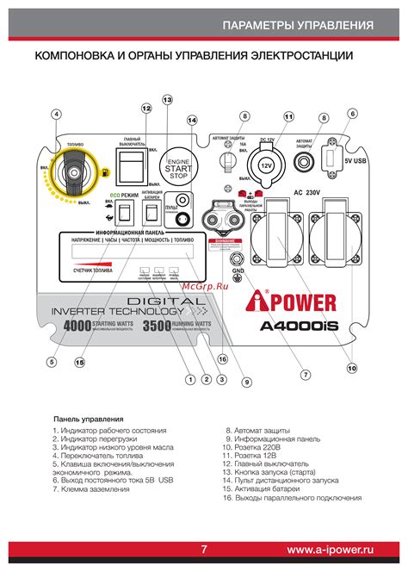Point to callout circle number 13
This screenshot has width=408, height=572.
pos(167,100)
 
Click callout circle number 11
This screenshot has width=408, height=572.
pos(288,116)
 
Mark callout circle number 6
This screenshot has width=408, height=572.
pos(352,114)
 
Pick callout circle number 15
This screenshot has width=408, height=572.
pos(79,363)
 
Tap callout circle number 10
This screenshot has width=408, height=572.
pos(351,368)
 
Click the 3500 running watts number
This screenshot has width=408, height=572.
pos(157,327)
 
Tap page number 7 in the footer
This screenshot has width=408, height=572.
pos(204,550)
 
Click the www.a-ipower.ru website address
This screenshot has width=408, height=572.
pos(331,550)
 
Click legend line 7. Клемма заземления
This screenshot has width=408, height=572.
pos(91,488)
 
